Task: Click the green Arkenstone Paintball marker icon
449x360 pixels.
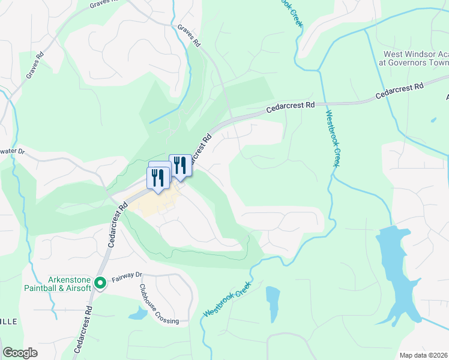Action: tap(100, 281)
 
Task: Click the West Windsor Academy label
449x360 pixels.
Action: tap(414, 58)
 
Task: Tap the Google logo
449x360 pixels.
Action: tap(20, 353)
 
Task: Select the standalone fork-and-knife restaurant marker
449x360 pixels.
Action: tap(180, 164)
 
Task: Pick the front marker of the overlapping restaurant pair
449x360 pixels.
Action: tap(158, 178)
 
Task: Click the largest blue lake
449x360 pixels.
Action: tap(400, 270)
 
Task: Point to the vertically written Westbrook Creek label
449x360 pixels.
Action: tap(330, 138)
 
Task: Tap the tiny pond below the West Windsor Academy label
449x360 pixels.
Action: tap(433, 119)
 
